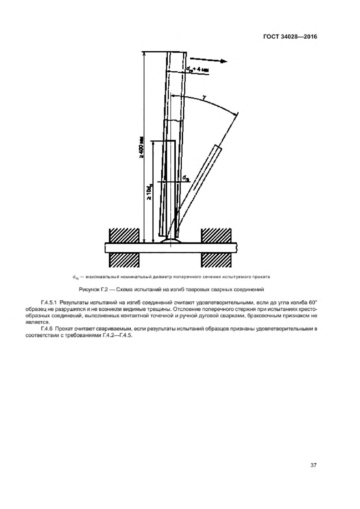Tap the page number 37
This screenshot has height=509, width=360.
pos(313,465)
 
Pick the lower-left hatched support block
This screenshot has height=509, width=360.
pos(124,259)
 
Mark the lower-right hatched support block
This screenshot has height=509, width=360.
pos(216,259)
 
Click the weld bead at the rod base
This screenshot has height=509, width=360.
pos(171,240)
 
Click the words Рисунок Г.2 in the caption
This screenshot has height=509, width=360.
pos(92,289)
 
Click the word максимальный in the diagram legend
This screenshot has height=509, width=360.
pos(99,277)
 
